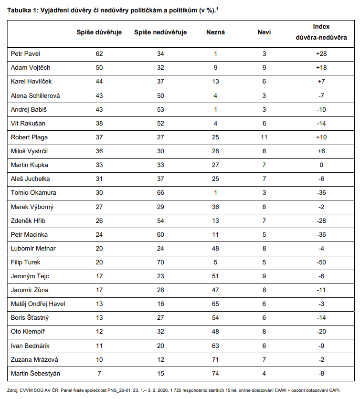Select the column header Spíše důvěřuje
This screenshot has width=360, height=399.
[99, 32]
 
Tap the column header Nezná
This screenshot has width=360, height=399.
[215, 32]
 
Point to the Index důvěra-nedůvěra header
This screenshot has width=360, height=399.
[321, 32]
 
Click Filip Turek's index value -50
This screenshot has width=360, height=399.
[321, 262]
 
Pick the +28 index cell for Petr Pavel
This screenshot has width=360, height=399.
[321, 54]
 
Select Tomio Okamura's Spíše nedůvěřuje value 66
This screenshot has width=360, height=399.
[160, 192]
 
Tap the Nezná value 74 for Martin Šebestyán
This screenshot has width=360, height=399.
[215, 373]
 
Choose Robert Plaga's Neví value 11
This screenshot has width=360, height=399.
[264, 137]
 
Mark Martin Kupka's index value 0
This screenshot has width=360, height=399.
[321, 165]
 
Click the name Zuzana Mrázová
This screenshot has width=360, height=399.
[31, 359]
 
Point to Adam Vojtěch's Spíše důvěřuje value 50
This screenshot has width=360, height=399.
[99, 68]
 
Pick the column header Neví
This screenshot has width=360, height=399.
[264, 32]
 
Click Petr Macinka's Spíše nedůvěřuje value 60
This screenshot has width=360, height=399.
[160, 234]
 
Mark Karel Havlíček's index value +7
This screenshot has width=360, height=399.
[321, 82]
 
